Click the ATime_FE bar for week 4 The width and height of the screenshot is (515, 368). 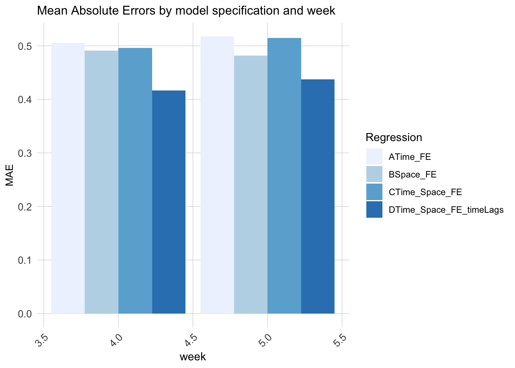68,178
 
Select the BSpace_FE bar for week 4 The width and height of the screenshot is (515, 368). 102,182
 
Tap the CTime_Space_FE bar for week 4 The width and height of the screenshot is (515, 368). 135,181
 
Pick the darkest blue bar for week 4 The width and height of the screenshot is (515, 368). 169,202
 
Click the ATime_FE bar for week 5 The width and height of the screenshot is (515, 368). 217,175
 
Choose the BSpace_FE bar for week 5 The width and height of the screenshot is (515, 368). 251,184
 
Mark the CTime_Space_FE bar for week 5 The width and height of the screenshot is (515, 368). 284,176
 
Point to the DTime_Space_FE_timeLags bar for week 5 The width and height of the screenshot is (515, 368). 318,196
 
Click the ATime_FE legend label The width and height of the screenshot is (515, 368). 410,157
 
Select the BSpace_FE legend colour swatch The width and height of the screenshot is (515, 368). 374,174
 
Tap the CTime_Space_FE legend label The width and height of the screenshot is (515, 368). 425,192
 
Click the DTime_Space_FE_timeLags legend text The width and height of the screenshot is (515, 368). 446,210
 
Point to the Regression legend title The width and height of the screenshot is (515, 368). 394,137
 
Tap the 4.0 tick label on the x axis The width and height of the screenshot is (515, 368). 116,340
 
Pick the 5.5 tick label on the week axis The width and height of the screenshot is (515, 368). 340,340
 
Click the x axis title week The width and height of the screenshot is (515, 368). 193,357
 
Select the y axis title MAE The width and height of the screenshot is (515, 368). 10,175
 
